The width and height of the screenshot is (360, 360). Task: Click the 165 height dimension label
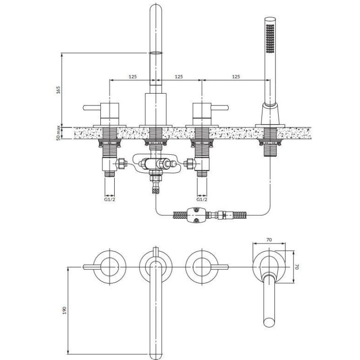click(58, 90)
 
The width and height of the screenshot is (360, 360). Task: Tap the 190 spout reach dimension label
click(64, 310)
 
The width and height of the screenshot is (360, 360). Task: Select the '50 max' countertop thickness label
click(58, 133)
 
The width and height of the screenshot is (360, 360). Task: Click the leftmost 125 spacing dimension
click(132, 76)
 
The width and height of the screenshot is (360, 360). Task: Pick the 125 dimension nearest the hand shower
click(236, 76)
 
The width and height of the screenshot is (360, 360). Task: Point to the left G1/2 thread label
click(109, 199)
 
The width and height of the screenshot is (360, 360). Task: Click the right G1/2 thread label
click(202, 199)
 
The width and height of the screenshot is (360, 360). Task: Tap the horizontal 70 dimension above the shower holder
click(269, 240)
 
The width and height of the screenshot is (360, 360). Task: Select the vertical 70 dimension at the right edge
click(297, 267)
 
